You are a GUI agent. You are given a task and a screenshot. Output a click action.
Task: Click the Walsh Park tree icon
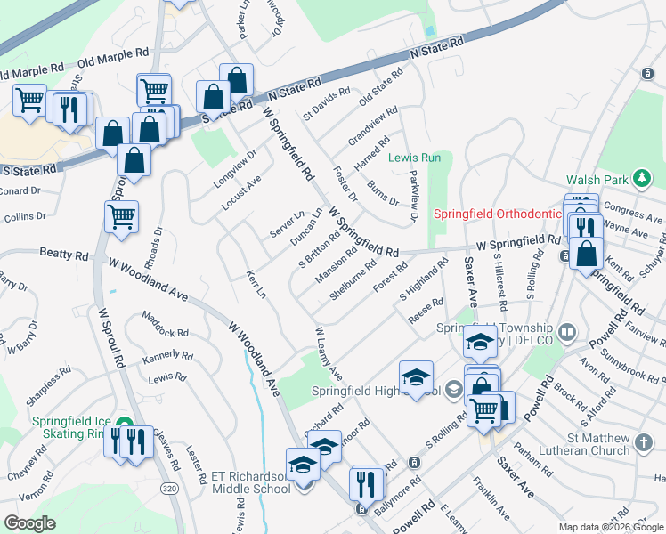[x=641, y=179]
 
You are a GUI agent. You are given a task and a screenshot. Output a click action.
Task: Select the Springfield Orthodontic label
[x=497, y=214]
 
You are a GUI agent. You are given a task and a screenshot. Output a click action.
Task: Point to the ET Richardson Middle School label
[x=251, y=482]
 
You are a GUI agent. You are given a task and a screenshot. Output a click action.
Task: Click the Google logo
[x=29, y=523]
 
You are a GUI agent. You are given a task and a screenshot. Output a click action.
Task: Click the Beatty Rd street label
[x=64, y=255]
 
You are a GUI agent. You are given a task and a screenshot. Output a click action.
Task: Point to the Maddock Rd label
[x=166, y=333]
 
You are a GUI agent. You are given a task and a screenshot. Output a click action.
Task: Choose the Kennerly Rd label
[x=166, y=358]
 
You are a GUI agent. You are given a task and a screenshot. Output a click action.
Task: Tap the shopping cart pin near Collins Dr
[x=121, y=214]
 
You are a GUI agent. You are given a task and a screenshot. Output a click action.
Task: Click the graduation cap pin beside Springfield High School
[x=416, y=377]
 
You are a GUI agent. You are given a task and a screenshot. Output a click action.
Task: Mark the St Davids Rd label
[x=327, y=102]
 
